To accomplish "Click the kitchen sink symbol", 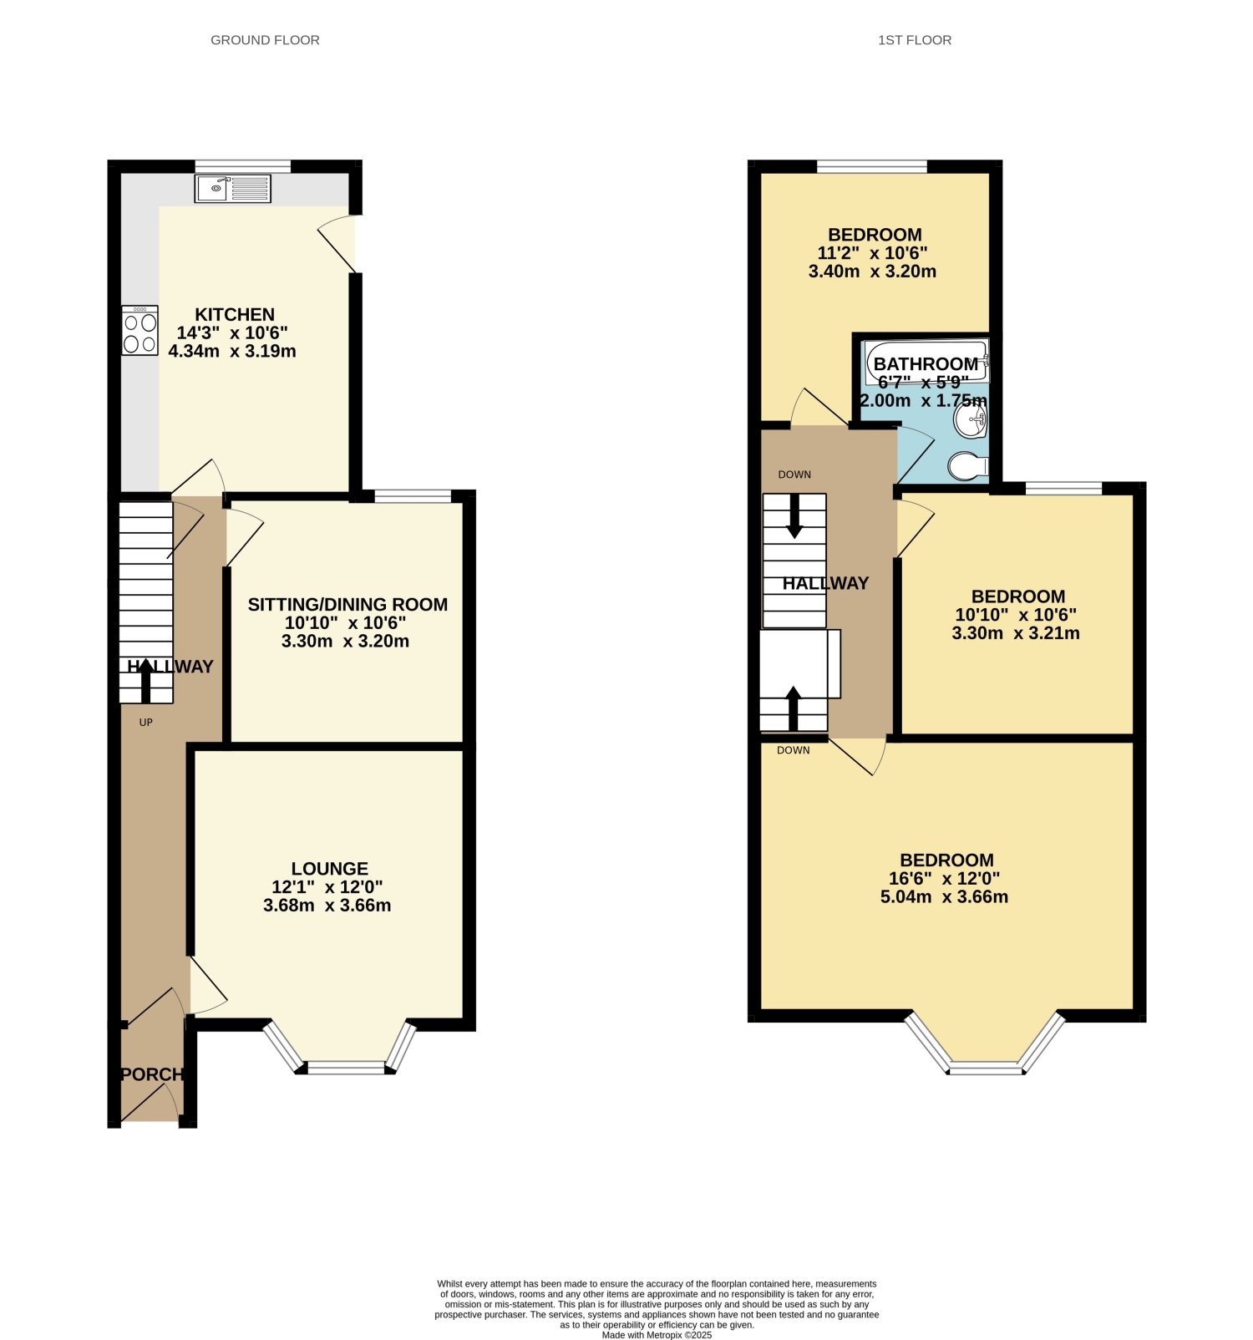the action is tap(233, 188).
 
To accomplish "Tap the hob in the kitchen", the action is tap(140, 331).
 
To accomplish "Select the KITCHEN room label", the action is tap(235, 315).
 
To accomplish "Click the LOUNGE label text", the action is tap(330, 869).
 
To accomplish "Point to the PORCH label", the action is tap(152, 1074).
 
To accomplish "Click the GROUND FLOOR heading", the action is tap(265, 40).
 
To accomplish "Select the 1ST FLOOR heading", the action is tap(915, 40).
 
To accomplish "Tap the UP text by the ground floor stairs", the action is tap(146, 723).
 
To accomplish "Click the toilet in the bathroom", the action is tap(969, 466).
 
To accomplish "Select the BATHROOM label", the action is tap(926, 364).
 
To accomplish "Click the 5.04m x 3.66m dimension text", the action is tap(944, 897).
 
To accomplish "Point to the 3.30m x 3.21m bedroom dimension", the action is tap(1016, 633).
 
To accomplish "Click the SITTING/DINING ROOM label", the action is tap(347, 605).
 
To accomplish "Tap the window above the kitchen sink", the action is tap(243, 166).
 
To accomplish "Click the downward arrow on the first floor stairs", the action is tap(794, 515).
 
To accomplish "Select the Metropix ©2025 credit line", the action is tap(657, 1335).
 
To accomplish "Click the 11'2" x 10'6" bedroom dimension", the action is tap(872, 253).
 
